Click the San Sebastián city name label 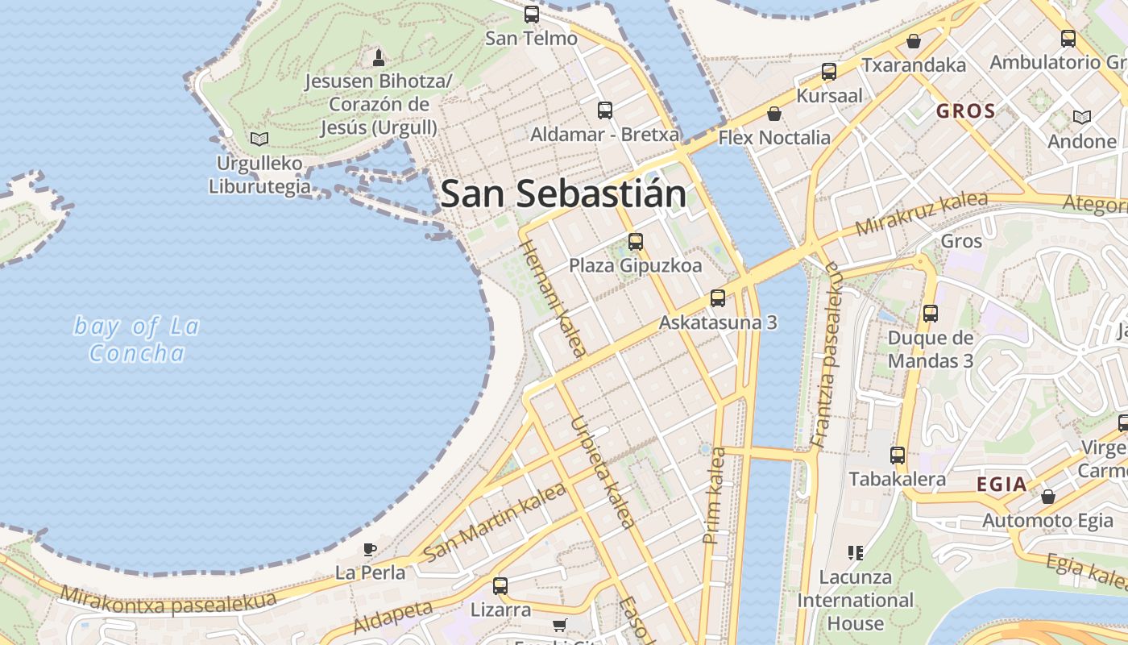click(x=563, y=194)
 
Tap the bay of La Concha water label click(x=136, y=339)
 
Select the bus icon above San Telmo click(x=531, y=14)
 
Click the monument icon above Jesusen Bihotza click(x=378, y=57)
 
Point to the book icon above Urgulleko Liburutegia click(x=259, y=139)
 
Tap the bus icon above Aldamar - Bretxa click(x=604, y=110)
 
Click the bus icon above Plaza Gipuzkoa click(x=635, y=241)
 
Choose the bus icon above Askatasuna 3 click(x=717, y=298)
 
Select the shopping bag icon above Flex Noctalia click(x=773, y=114)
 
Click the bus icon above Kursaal click(x=828, y=72)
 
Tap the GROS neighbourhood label click(x=965, y=111)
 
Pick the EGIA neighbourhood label click(x=1002, y=485)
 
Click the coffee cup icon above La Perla click(x=369, y=549)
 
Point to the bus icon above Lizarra click(x=500, y=586)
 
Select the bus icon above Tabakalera click(x=897, y=456)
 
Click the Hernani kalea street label click(x=553, y=298)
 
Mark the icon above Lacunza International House click(x=855, y=553)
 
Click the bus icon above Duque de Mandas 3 click(x=930, y=314)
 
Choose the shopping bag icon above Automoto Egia click(x=1047, y=497)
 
